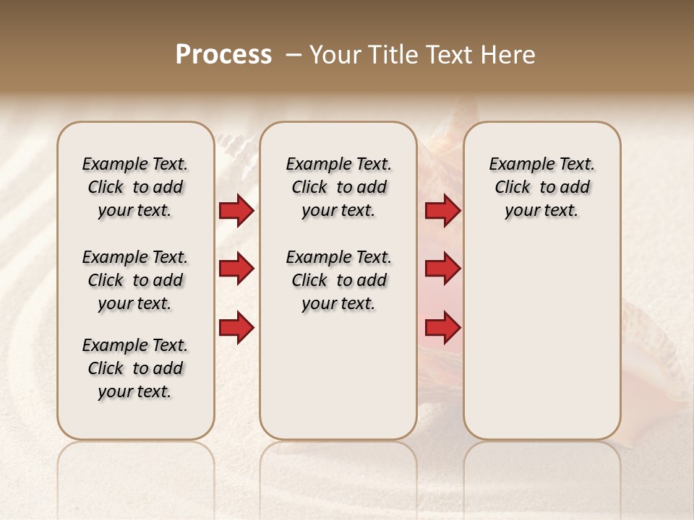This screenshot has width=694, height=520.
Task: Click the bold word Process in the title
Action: (223, 55)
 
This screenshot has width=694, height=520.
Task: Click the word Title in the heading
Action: (394, 55)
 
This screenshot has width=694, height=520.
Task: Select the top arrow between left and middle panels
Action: (236, 210)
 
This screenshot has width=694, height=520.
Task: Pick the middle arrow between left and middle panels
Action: (236, 269)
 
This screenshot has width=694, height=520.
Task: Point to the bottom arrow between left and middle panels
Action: (236, 328)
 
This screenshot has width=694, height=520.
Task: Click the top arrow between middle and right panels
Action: (442, 210)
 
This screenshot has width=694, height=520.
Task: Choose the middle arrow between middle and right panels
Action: (442, 269)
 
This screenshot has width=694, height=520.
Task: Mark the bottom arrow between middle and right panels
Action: (442, 328)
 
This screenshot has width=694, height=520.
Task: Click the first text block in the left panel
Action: (135, 187)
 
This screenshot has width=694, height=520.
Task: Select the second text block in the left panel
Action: (135, 280)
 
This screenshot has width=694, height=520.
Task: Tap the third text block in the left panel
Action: (135, 368)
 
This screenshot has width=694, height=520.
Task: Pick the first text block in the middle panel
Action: (338, 187)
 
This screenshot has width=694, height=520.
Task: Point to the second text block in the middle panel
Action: (338, 280)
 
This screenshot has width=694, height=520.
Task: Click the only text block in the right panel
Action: (541, 187)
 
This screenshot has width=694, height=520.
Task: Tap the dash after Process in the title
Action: (294, 55)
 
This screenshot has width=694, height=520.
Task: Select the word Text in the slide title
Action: (450, 55)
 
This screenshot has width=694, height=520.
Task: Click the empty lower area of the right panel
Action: (541, 347)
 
